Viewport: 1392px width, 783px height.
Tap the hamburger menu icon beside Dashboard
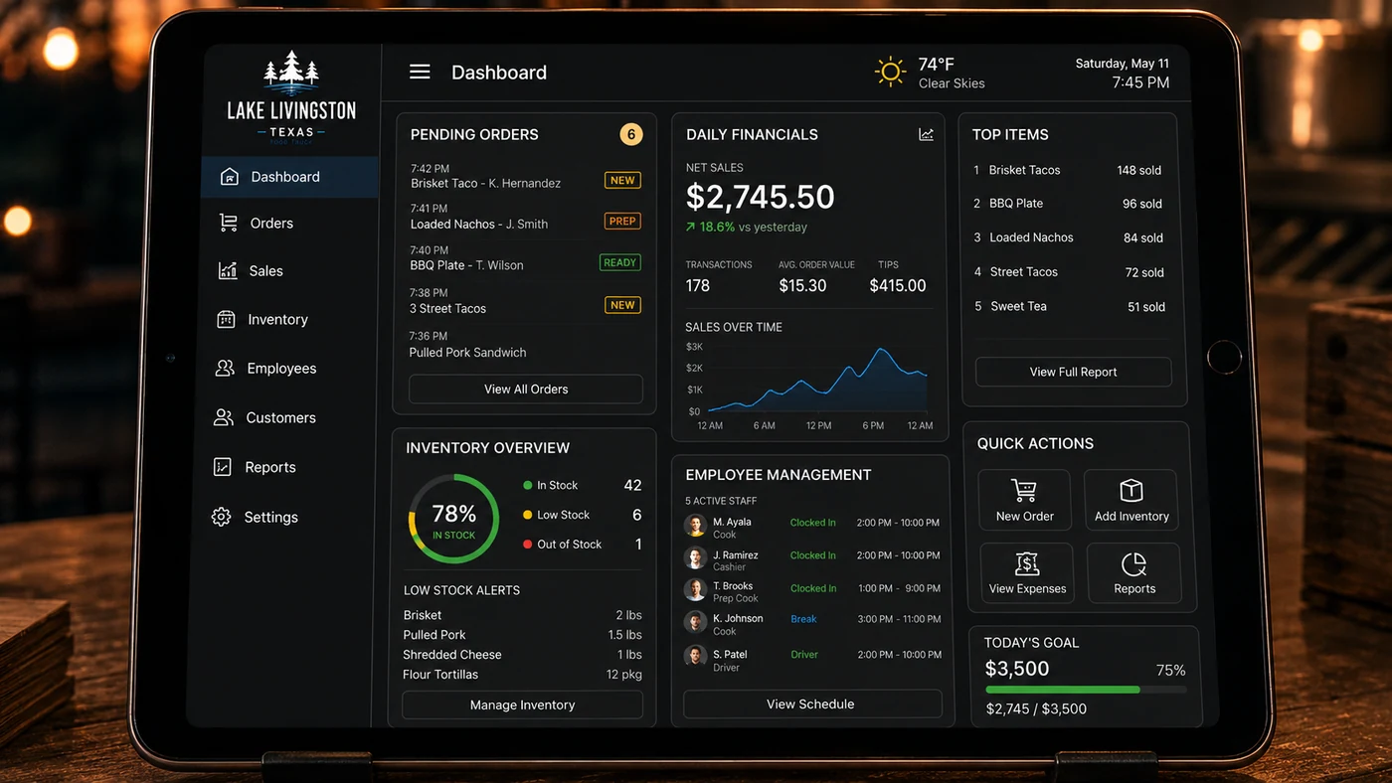point(420,72)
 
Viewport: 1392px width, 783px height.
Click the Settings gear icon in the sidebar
point(221,517)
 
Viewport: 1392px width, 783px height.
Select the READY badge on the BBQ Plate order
point(619,262)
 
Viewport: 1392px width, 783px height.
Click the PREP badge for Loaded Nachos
point(622,221)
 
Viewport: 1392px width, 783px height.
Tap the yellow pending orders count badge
point(630,134)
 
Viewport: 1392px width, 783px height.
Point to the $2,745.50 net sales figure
point(760,197)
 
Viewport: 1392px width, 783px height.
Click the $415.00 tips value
point(897,285)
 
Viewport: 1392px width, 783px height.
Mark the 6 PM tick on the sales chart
point(873,425)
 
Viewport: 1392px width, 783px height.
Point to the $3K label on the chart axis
point(694,347)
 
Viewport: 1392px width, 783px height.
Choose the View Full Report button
point(1073,372)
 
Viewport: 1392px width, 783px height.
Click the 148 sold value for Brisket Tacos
point(1138,170)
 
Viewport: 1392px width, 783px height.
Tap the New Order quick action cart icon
point(1023,490)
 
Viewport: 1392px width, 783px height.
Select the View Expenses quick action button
point(1026,572)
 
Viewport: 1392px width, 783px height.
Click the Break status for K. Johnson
point(803,619)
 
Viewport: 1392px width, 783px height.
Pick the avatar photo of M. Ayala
point(695,526)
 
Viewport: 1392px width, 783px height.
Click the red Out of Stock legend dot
point(528,544)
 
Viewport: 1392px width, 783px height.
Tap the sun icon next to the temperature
point(890,72)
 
